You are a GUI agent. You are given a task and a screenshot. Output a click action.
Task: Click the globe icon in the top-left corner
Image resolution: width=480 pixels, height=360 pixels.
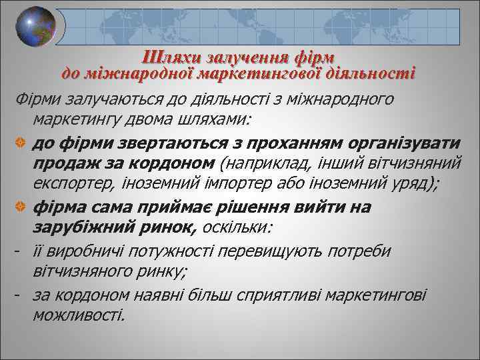click(x=36, y=27)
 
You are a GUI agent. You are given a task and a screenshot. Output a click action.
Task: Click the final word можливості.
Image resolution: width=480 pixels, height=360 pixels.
click(x=78, y=315)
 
